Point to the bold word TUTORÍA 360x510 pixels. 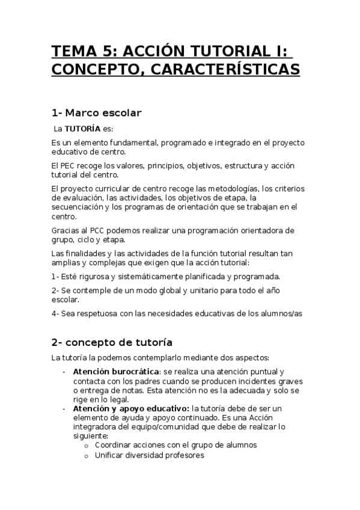[x=82, y=129]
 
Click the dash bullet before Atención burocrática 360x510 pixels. [x=64, y=372]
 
